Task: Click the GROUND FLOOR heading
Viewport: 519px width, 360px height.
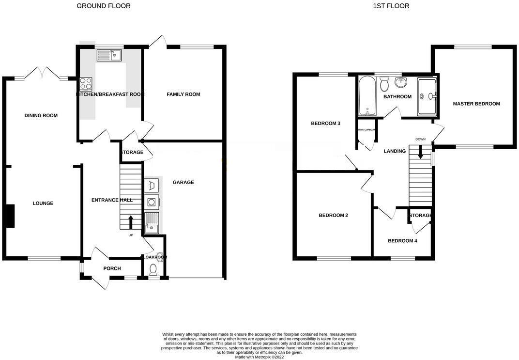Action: click(104, 6)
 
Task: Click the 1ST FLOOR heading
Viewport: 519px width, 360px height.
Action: click(391, 6)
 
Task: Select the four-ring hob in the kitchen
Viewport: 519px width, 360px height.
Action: click(86, 84)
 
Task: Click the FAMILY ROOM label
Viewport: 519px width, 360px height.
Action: click(183, 94)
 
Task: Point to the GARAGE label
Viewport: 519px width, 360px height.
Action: click(183, 182)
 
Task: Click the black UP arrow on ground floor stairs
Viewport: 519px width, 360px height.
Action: click(131, 222)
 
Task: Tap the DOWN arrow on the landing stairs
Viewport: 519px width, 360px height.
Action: click(420, 152)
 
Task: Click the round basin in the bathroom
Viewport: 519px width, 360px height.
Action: click(400, 82)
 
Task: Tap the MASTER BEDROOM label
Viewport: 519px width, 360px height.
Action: click(476, 104)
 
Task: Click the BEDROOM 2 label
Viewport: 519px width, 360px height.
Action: click(333, 215)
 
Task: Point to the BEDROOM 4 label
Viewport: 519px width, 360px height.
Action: click(402, 241)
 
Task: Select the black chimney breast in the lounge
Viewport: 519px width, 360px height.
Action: click(10, 216)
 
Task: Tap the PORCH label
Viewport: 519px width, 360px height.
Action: click(112, 268)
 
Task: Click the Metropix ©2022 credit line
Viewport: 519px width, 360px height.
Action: click(259, 357)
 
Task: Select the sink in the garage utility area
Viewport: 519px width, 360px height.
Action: click(152, 222)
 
